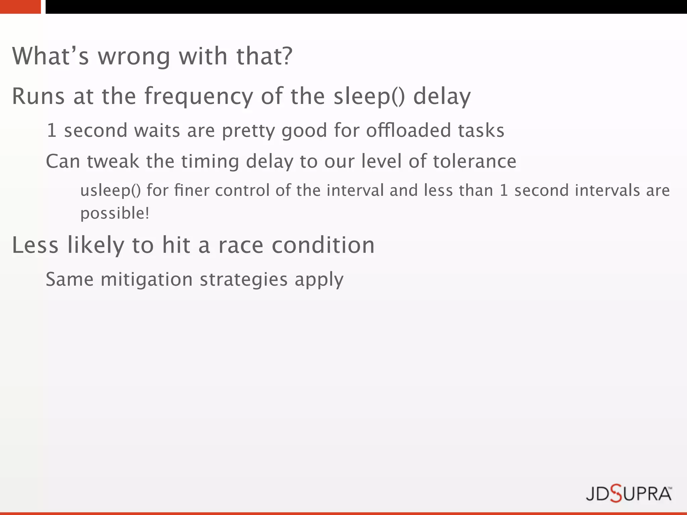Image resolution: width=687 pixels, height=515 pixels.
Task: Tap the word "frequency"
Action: pyautogui.click(x=199, y=97)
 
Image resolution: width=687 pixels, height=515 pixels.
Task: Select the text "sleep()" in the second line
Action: pyautogui.click(x=369, y=97)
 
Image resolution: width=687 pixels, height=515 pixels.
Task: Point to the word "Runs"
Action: pyautogui.click(x=38, y=97)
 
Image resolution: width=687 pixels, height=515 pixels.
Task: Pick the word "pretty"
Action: pyautogui.click(x=248, y=131)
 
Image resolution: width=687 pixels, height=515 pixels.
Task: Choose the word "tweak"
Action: pyautogui.click(x=113, y=161)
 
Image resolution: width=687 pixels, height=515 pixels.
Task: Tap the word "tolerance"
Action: pyautogui.click(x=475, y=161)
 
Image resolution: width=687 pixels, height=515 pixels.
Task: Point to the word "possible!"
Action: pyautogui.click(x=115, y=214)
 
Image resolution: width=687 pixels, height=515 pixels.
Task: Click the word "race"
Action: pyautogui.click(x=241, y=245)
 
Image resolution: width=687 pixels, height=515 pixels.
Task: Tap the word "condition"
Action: pyautogui.click(x=323, y=245)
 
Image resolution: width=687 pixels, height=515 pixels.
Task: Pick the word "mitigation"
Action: pyautogui.click(x=147, y=279)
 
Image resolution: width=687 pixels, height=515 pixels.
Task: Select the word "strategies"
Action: pyautogui.click(x=244, y=279)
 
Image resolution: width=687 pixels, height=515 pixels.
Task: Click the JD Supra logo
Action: pyautogui.click(x=629, y=494)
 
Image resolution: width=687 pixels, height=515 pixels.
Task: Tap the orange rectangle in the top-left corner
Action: pyautogui.click(x=20, y=7)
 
